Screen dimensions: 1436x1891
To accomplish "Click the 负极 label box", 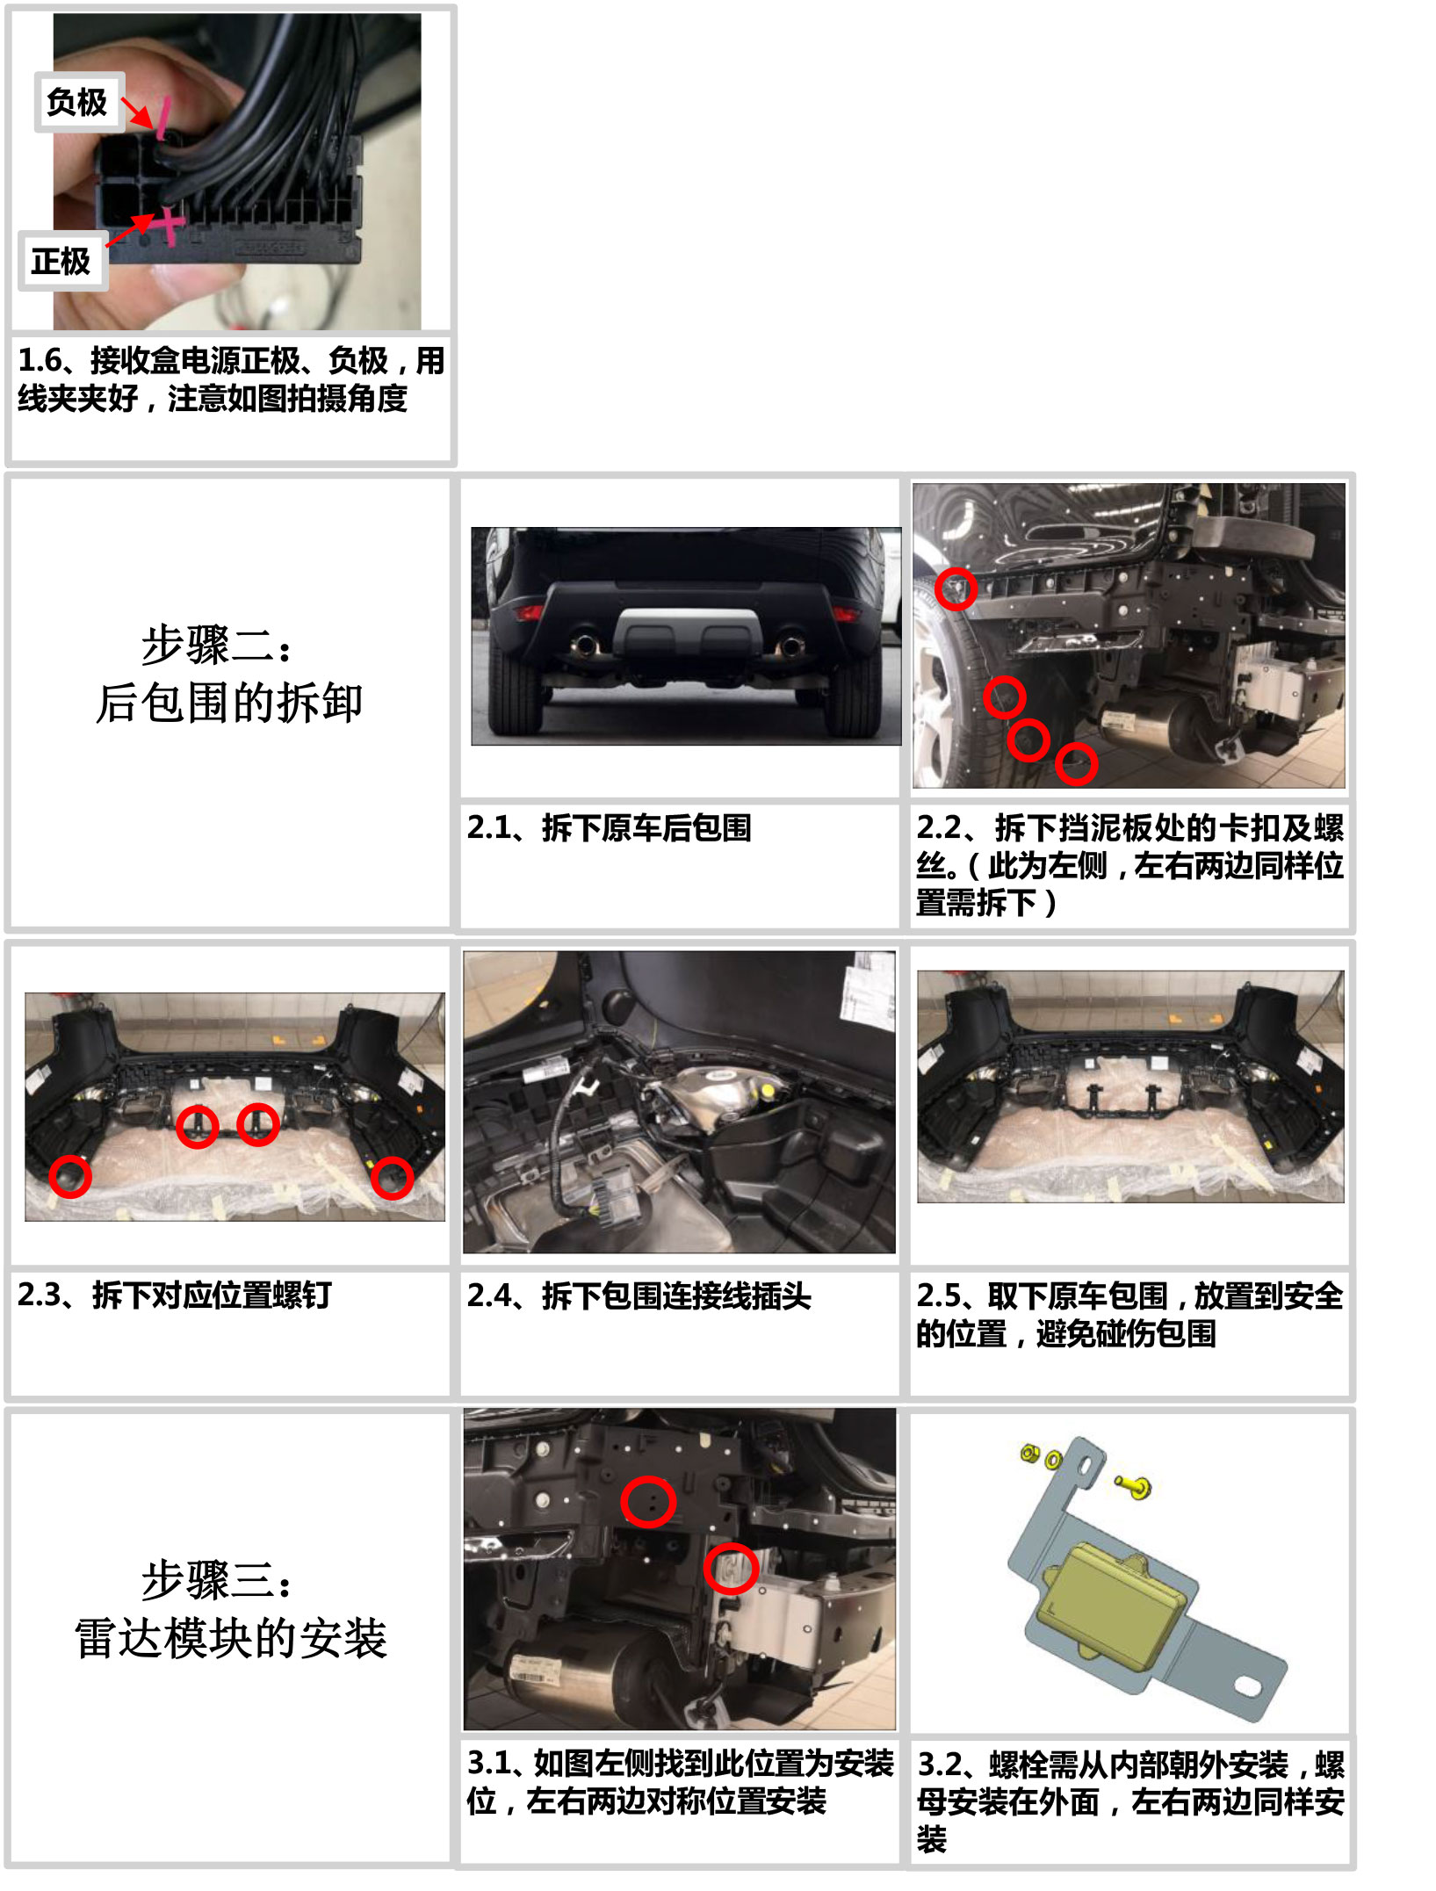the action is point(78,102).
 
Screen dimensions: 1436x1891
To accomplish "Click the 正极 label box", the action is point(62,261).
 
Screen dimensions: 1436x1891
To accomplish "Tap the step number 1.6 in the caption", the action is point(40,360).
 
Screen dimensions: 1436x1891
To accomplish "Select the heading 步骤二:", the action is point(216,646).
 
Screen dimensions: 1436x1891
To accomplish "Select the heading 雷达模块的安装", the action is point(231,1639).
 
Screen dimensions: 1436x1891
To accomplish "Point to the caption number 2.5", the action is point(939,1296).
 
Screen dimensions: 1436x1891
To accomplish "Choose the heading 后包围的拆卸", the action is point(229,704).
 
